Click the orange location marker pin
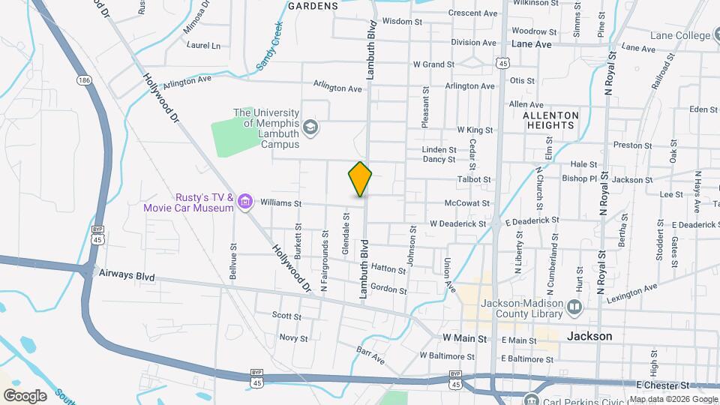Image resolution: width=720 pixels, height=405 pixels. pyautogui.click(x=361, y=179)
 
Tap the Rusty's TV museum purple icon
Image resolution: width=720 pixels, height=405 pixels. pyautogui.click(x=244, y=201)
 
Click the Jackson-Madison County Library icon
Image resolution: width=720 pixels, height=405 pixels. pyautogui.click(x=574, y=307)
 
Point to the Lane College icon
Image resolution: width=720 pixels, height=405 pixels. pyautogui.click(x=715, y=34)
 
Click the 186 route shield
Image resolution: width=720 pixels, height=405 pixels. pyautogui.click(x=83, y=79)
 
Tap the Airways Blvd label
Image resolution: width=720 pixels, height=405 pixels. pyautogui.click(x=127, y=276)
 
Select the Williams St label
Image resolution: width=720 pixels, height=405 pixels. pyautogui.click(x=280, y=203)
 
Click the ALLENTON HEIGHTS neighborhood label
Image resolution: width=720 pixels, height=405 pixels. pyautogui.click(x=551, y=121)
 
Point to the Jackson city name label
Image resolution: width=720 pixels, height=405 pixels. pyautogui.click(x=589, y=336)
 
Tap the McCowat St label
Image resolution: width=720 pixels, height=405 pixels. pyautogui.click(x=466, y=203)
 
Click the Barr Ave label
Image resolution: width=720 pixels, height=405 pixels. pyautogui.click(x=370, y=355)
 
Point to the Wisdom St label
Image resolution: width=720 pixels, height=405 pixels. pyautogui.click(x=397, y=21)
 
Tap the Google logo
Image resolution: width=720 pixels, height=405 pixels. pyautogui.click(x=24, y=395)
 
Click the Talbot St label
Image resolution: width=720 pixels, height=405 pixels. pyautogui.click(x=474, y=179)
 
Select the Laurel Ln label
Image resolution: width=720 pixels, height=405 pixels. pyautogui.click(x=204, y=45)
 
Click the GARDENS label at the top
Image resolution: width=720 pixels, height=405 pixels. pyautogui.click(x=313, y=5)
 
